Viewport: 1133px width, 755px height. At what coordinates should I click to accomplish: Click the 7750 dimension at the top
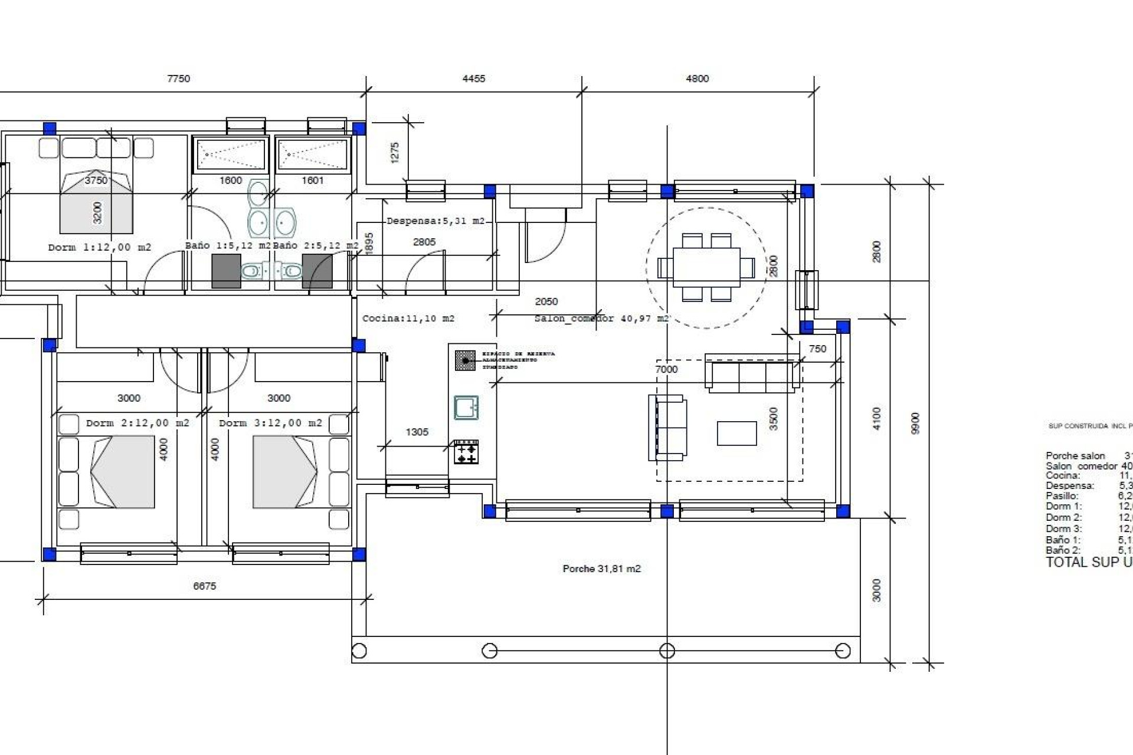pyautogui.click(x=178, y=79)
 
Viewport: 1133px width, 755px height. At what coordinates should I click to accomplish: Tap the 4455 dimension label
pyautogui.click(x=473, y=79)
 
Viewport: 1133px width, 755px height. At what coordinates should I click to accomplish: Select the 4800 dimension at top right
pyautogui.click(x=697, y=79)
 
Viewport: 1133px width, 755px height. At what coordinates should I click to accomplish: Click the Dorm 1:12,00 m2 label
pyautogui.click(x=99, y=248)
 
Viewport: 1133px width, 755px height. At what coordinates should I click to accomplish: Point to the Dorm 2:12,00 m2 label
pyautogui.click(x=137, y=423)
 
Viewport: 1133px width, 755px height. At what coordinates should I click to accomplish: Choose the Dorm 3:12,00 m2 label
pyautogui.click(x=270, y=423)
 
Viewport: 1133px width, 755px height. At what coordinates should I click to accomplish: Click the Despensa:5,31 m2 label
pyautogui.click(x=435, y=221)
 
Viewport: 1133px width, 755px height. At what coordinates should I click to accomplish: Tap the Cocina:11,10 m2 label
pyautogui.click(x=408, y=319)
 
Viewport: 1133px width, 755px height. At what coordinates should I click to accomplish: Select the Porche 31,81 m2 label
pyautogui.click(x=601, y=569)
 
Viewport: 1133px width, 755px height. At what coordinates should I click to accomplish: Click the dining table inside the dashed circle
pyautogui.click(x=706, y=267)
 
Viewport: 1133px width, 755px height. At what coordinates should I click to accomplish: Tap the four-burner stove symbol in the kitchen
pyautogui.click(x=466, y=452)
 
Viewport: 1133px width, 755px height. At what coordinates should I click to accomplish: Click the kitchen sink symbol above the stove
pyautogui.click(x=466, y=407)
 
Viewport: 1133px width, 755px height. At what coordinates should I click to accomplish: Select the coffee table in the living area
pyautogui.click(x=736, y=433)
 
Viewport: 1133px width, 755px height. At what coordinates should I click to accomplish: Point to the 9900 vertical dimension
pyautogui.click(x=915, y=423)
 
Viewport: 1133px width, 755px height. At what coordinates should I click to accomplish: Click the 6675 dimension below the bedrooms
pyautogui.click(x=204, y=586)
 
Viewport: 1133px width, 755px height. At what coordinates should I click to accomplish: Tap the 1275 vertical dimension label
pyautogui.click(x=395, y=152)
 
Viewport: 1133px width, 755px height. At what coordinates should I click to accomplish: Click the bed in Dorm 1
pyautogui.click(x=96, y=202)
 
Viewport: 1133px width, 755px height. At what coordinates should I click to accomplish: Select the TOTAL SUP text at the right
pyautogui.click(x=1088, y=562)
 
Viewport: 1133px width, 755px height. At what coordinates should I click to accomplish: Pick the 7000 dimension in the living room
pyautogui.click(x=666, y=369)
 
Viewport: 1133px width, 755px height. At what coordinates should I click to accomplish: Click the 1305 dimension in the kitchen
pyautogui.click(x=417, y=432)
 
